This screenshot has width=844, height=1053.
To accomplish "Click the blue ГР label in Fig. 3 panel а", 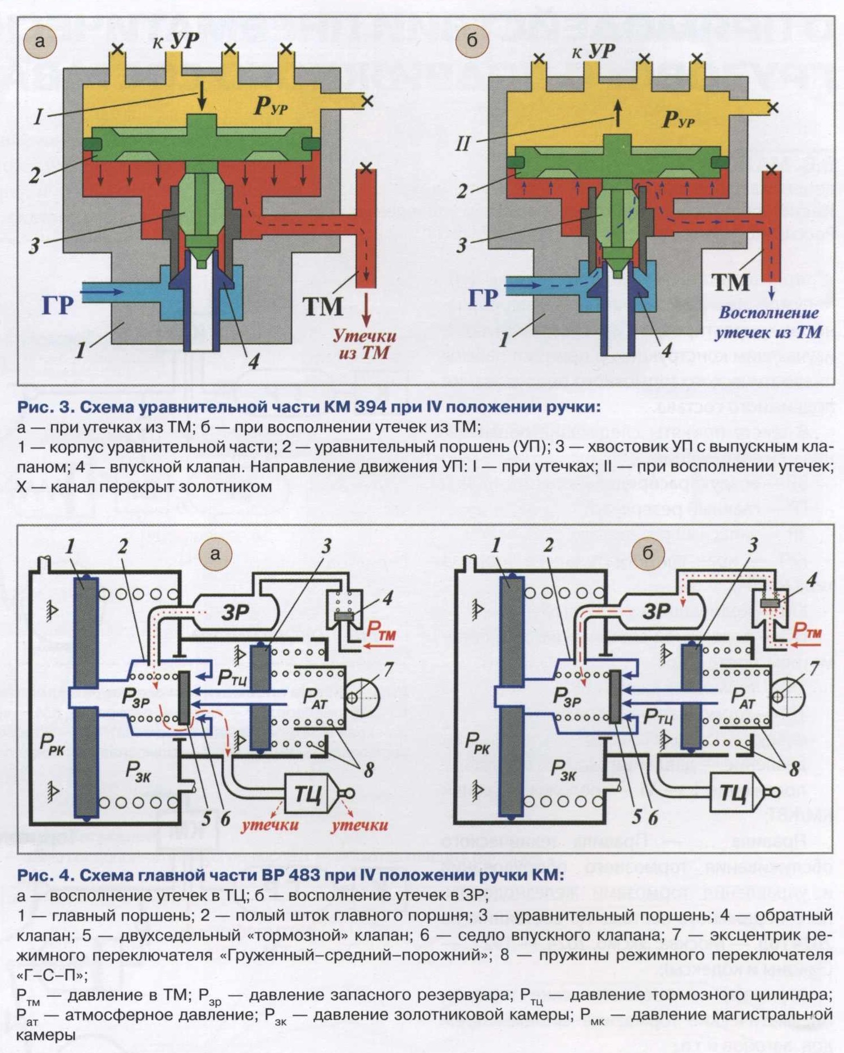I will click(57, 305).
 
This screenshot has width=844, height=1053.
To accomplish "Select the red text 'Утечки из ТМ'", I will click(364, 344).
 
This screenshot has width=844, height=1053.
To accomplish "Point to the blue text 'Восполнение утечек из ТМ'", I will click(768, 322).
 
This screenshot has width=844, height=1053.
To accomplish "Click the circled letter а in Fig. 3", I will click(39, 41).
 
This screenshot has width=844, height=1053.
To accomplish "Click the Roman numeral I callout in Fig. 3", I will click(38, 117).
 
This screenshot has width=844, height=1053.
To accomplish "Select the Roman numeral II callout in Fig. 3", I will click(463, 144).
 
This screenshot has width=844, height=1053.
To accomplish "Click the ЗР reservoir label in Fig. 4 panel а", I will click(235, 612).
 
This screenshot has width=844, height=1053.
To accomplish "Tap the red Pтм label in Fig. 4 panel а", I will click(381, 630).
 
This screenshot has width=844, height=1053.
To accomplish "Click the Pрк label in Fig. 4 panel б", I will click(478, 743).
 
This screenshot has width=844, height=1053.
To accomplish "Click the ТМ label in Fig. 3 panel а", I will click(323, 307).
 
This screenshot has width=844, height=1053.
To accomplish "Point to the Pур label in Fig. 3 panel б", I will click(679, 119).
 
